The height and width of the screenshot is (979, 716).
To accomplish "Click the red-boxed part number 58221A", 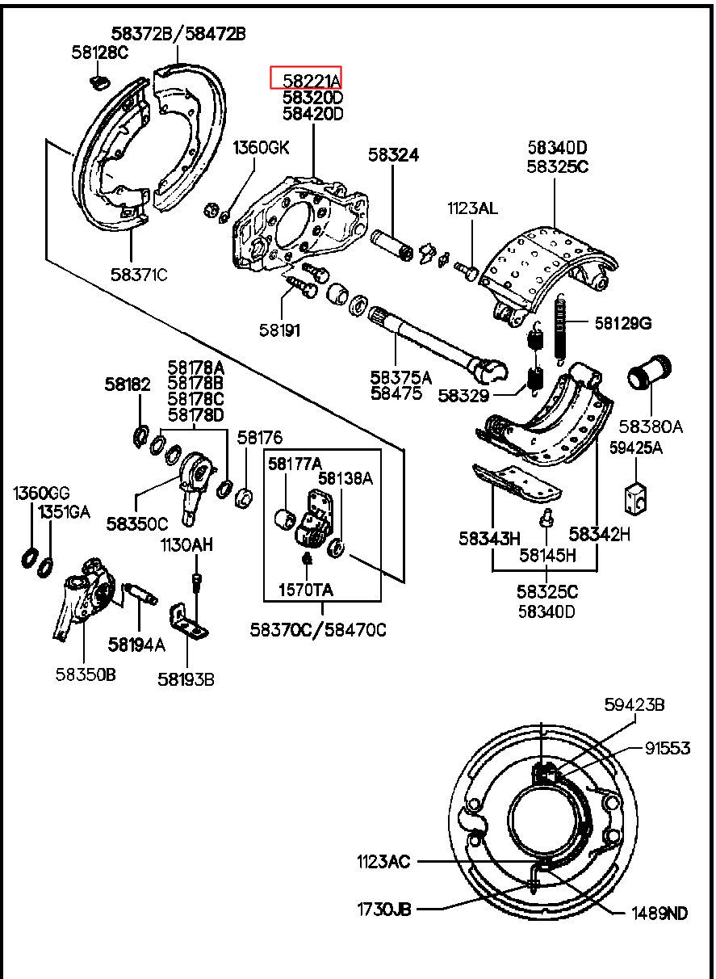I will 305,78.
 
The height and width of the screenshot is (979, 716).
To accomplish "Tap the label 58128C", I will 99,53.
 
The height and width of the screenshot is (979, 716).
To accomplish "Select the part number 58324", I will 394,154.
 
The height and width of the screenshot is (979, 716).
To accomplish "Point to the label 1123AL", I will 473,208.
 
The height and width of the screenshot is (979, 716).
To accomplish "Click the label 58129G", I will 623,323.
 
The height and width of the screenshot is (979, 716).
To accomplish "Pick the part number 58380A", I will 651,426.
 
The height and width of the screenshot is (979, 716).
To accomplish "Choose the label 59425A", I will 636,447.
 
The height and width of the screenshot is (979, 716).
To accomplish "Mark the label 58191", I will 279,330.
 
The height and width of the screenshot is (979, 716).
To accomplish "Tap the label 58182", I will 127,385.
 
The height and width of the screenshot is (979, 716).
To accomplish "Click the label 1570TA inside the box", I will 306,590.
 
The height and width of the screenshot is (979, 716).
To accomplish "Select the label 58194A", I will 136,644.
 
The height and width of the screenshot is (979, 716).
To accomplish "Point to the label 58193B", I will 186,679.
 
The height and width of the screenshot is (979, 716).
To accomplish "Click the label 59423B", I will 634,705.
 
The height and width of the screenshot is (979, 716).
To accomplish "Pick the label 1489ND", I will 659,913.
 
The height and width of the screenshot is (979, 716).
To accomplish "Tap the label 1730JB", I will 384,909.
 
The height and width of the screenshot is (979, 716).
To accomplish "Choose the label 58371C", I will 139,275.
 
